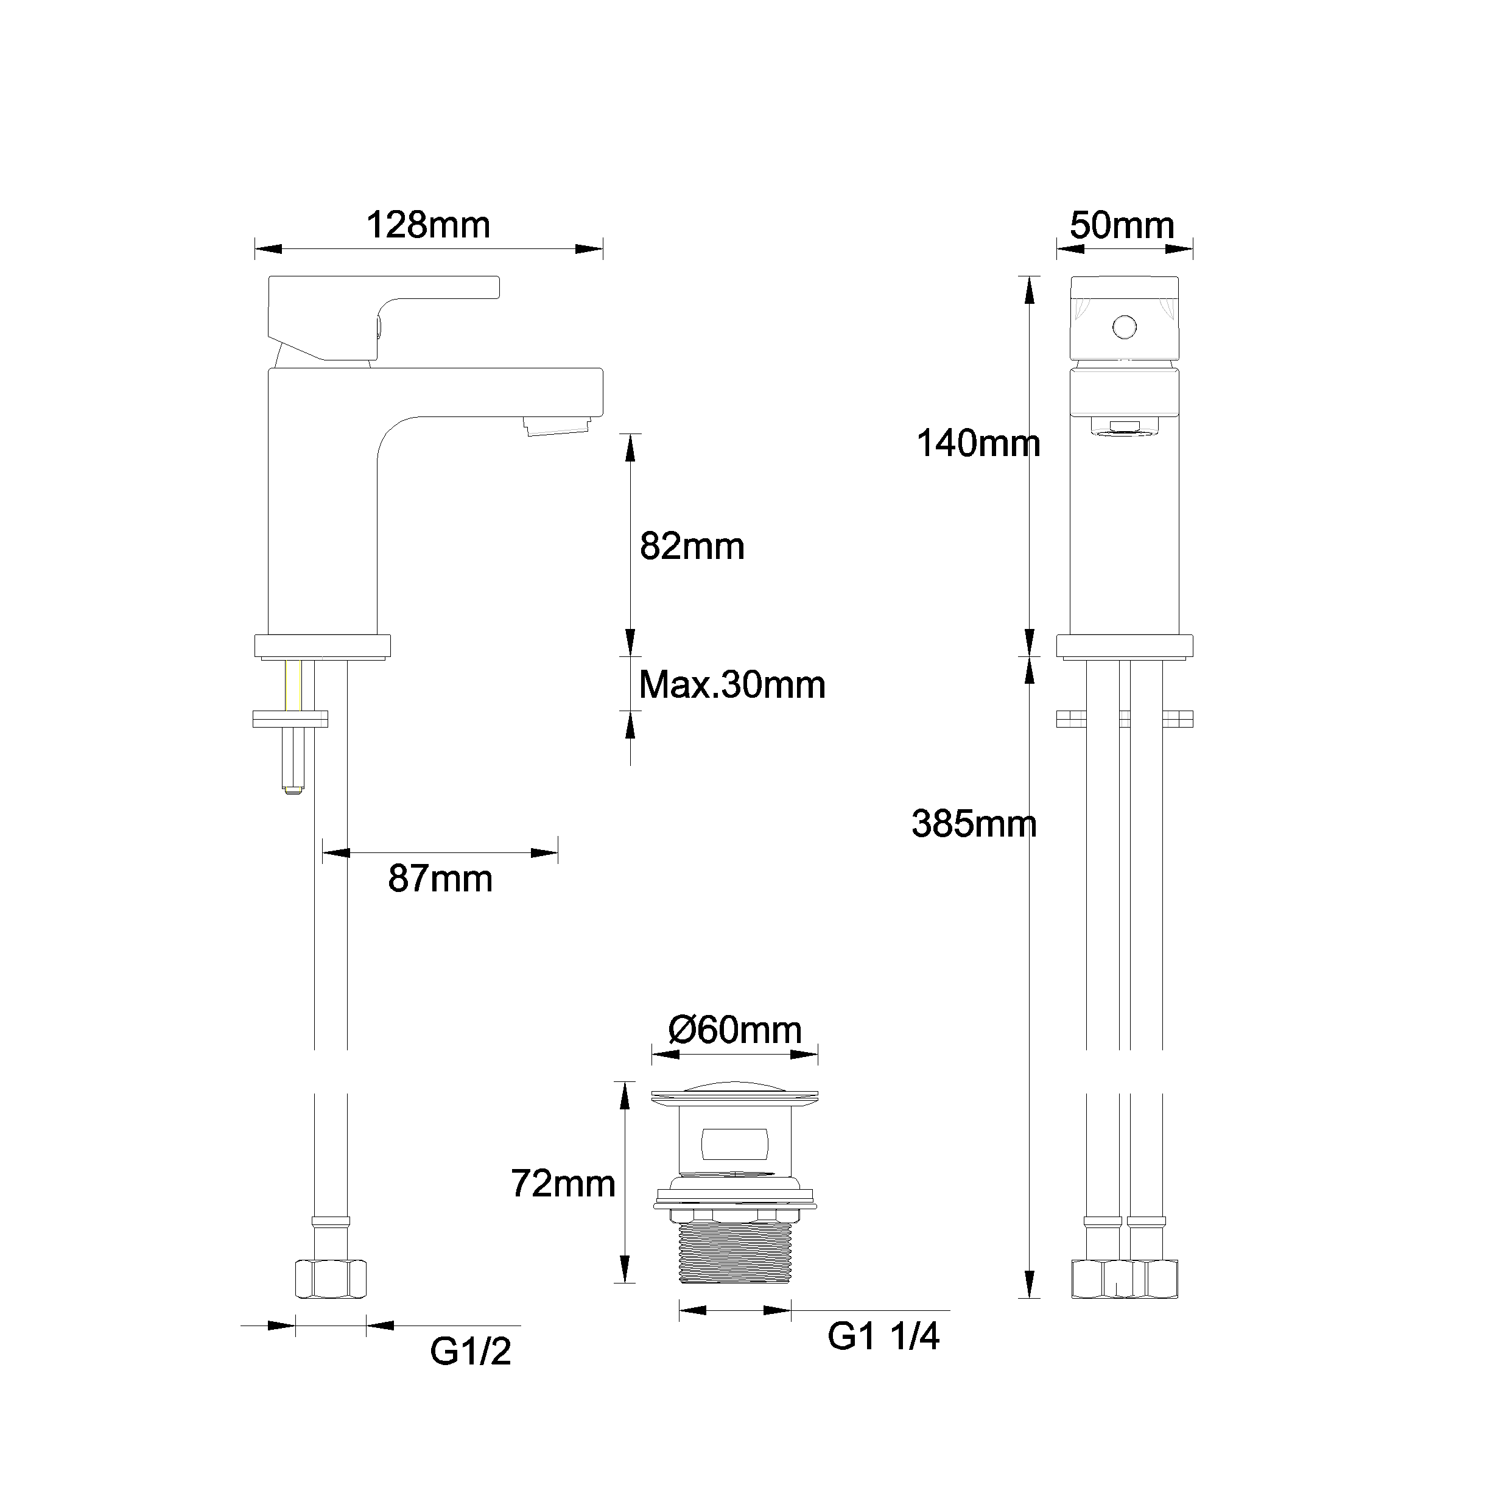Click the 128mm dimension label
coord(427,226)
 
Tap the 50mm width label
coord(1122,226)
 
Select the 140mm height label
coord(978,444)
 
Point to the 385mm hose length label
coord(974,824)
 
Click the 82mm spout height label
coord(692,546)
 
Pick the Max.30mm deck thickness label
coord(731,684)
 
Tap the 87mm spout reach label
coord(440,879)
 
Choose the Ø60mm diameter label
coord(735,1030)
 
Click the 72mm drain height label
coord(563,1183)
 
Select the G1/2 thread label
coord(471,1351)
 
